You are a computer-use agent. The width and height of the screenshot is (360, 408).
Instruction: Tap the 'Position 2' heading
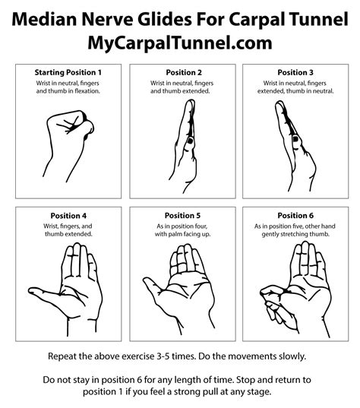pyautogui.click(x=180, y=72)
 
